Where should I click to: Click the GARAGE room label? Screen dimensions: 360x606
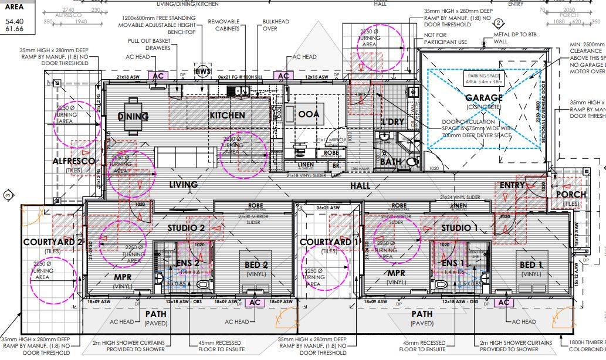(x=484, y=98)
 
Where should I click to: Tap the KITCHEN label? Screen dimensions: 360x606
(x=227, y=116)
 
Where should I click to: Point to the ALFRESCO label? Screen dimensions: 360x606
(x=74, y=161)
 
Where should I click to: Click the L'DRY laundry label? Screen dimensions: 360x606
(x=392, y=121)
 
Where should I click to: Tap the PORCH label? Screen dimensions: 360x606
(x=571, y=194)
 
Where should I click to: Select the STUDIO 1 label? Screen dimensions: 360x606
(x=460, y=227)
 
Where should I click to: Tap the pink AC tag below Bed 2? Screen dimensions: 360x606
(x=255, y=302)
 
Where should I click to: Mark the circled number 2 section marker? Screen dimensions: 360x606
(x=497, y=23)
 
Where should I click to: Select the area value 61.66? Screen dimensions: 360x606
(x=15, y=28)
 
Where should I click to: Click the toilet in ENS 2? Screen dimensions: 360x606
(x=204, y=284)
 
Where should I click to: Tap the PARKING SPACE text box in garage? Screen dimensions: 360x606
(x=484, y=78)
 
